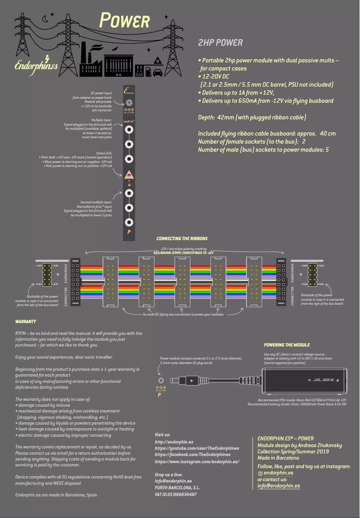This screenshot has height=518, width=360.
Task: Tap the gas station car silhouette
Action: click(x=157, y=72)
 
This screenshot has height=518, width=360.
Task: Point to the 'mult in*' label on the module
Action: click(x=129, y=121)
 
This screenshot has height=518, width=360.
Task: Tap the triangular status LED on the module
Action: click(x=129, y=175)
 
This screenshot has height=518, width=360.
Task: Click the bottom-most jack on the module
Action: click(x=129, y=222)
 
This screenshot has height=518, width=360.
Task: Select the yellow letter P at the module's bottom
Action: click(x=129, y=232)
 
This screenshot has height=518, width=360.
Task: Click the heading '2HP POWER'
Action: click(x=220, y=43)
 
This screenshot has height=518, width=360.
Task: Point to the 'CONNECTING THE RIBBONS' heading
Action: click(x=182, y=238)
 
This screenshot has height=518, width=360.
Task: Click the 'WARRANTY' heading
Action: click(x=25, y=322)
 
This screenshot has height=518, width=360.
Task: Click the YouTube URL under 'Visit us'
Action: click(x=197, y=448)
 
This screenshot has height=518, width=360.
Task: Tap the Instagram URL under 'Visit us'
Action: click(x=197, y=461)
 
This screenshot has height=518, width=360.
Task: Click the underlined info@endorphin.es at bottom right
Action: click(x=279, y=486)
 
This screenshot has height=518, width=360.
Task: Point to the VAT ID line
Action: click(x=176, y=494)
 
